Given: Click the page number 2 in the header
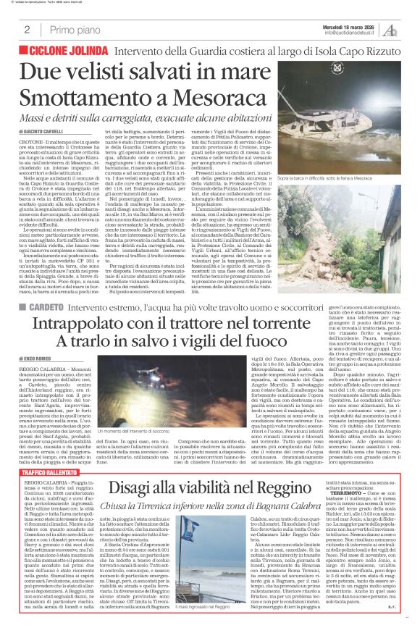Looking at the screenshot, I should (27, 30).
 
